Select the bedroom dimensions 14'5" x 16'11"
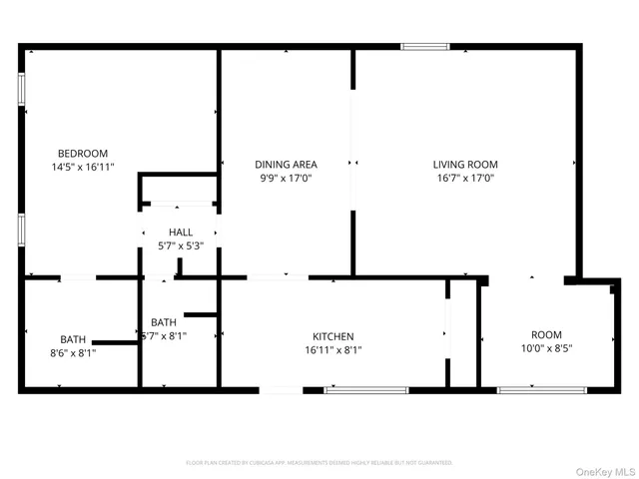click(82, 167)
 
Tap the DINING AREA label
click(286, 165)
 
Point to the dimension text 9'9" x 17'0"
click(286, 179)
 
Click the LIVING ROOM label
click(464, 165)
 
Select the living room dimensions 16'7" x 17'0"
click(464, 179)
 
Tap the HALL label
click(181, 233)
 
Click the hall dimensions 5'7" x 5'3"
click(181, 245)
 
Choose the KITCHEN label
click(333, 336)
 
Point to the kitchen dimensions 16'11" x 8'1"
click(333, 350)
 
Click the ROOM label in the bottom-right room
click(546, 335)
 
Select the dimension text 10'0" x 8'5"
click(546, 348)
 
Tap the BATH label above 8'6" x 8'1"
click(72, 338)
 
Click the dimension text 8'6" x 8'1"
click(72, 352)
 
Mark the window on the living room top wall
click(424, 46)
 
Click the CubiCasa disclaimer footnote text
click(319, 463)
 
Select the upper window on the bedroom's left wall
click(21, 88)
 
